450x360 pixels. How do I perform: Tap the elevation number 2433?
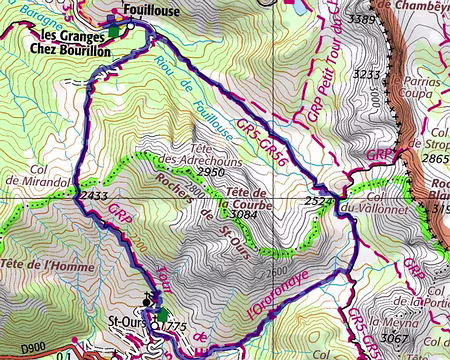(93, 196)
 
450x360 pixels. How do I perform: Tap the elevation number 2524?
(318, 202)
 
